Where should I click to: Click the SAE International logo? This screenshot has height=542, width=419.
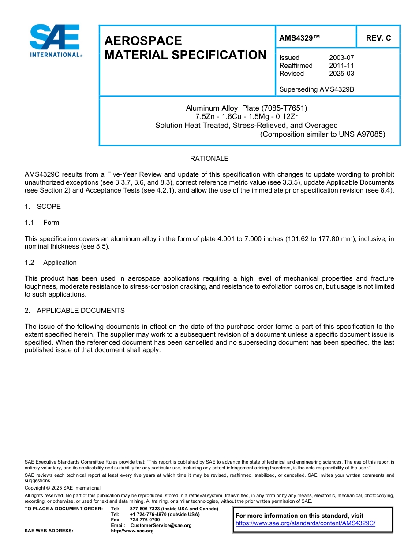56,41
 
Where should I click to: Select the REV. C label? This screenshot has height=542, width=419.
378,38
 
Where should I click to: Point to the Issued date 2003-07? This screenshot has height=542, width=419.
341,58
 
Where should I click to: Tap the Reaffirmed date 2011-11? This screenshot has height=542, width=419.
341,66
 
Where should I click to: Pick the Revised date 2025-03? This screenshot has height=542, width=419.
341,74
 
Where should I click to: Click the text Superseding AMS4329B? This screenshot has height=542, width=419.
317,89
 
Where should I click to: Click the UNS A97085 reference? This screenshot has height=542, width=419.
364,134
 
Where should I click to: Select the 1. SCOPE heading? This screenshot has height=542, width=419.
43,207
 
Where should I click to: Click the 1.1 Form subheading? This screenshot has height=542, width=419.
42,223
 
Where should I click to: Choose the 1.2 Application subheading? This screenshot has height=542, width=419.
51,263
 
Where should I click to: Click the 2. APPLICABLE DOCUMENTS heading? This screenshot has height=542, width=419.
75,311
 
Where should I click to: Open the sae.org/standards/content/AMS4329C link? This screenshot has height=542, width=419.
305,523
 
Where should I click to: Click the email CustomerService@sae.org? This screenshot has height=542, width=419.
161,526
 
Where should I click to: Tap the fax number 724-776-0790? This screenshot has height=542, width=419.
145,520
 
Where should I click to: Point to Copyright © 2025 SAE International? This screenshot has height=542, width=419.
63,488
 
